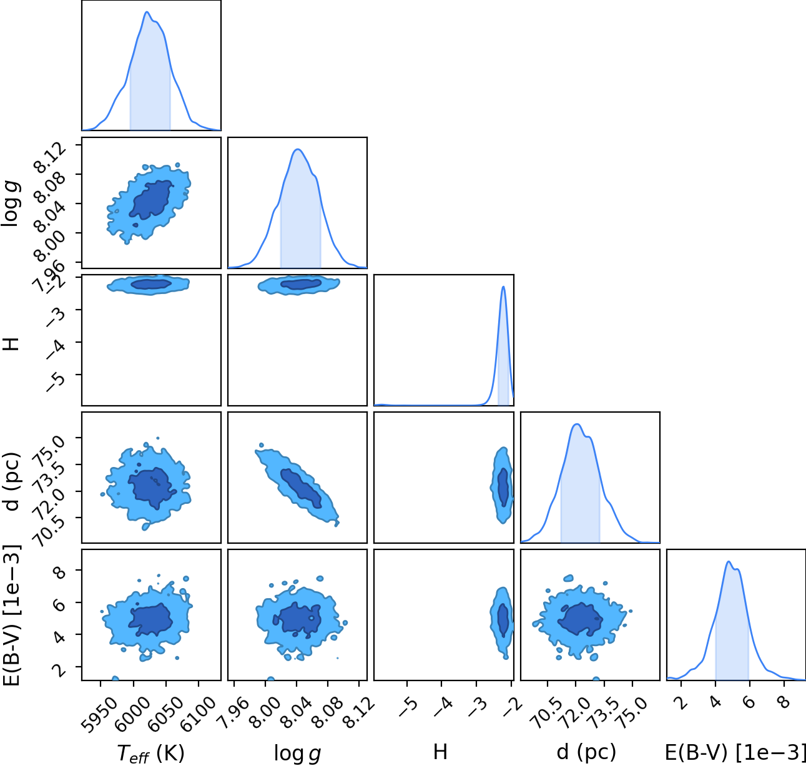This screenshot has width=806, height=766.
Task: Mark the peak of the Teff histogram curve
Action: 147,11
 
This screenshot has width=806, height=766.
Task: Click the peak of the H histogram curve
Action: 503,286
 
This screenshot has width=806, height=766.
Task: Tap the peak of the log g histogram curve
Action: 298,149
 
